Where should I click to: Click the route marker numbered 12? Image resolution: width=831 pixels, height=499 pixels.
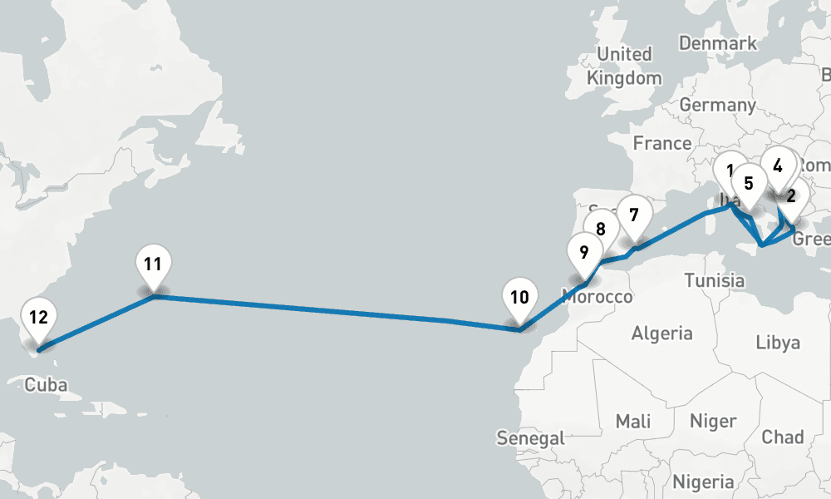(38, 318)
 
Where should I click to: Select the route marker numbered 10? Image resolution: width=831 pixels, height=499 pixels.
(519, 298)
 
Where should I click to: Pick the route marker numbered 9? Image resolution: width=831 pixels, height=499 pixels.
(584, 252)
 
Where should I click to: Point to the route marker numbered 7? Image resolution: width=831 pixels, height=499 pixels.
(634, 215)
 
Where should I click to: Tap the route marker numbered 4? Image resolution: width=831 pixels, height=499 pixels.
(778, 166)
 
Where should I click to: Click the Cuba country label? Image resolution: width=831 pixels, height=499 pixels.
(46, 385)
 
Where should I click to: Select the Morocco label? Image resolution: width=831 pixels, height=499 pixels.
(597, 297)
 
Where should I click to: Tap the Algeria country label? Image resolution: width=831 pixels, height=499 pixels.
(661, 333)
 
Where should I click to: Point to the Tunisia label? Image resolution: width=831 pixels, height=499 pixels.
(714, 280)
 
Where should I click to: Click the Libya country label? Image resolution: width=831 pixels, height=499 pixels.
(778, 342)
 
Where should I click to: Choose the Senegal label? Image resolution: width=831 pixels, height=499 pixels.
(530, 437)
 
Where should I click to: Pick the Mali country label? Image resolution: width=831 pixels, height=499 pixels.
(633, 421)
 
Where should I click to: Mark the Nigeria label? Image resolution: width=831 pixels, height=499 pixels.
(703, 482)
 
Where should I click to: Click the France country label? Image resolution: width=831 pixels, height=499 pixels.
(662, 143)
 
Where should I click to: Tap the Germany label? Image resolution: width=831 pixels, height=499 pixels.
(717, 106)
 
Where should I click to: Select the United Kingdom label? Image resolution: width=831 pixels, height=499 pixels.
(625, 66)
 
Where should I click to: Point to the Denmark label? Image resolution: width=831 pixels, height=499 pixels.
(718, 42)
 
